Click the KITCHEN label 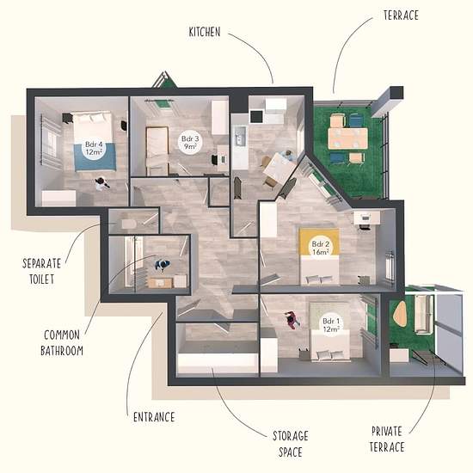(x=205, y=32)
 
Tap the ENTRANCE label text (x=154, y=417)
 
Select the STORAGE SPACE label (x=291, y=444)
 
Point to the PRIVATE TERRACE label (x=387, y=439)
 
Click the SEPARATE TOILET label (x=41, y=271)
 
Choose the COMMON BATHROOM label (x=62, y=342)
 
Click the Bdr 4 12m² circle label (x=94, y=148)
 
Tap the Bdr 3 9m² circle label (x=190, y=143)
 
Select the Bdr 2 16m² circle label (x=321, y=248)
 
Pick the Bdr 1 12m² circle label (x=331, y=325)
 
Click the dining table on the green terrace (x=348, y=138)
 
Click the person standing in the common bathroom (x=163, y=265)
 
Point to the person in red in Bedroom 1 (x=292, y=320)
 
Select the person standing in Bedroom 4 (x=101, y=183)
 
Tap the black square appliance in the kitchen (x=257, y=117)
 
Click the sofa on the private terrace (x=423, y=314)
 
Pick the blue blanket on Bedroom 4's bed (x=95, y=157)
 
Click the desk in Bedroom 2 (x=366, y=218)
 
